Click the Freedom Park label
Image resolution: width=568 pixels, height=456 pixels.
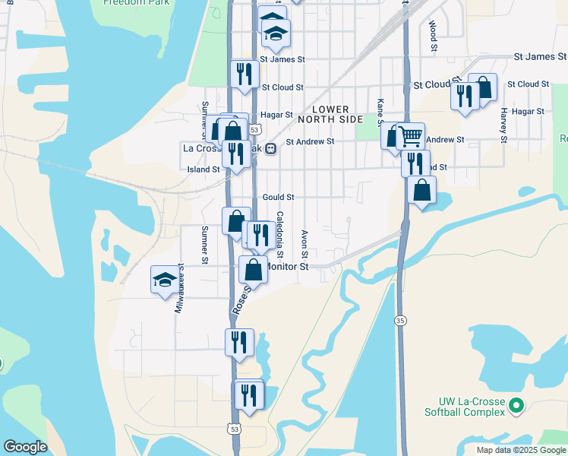pos(137,3)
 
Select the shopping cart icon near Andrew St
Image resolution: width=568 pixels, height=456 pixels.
pos(410,137)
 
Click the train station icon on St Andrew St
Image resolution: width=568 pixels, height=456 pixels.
pos(270,149)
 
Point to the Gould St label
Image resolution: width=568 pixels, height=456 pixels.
pos(278,197)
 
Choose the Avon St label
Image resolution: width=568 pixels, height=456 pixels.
pos(305,245)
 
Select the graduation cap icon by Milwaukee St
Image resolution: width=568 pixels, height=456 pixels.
pos(165,280)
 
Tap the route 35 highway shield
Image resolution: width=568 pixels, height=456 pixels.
pos(399,321)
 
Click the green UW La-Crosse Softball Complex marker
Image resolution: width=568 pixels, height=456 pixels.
pos(516,405)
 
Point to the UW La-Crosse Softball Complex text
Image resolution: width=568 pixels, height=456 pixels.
pos(471,407)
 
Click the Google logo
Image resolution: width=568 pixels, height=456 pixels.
pos(25,447)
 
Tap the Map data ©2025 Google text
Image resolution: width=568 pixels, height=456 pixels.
pos(520,450)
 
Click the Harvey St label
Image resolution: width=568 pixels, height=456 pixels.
pos(503,124)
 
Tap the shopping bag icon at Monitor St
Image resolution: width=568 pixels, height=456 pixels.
pos(253,270)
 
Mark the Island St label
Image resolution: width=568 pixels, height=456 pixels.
pos(204,169)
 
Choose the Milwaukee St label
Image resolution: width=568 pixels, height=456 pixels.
pos(180,289)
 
